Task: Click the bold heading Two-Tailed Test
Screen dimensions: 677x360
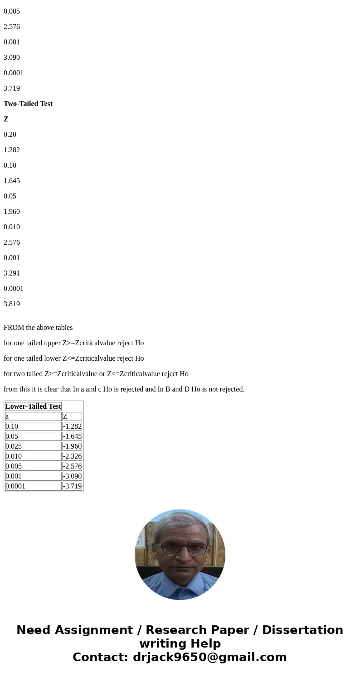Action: (x=28, y=104)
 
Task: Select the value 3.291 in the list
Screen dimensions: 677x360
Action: (x=12, y=273)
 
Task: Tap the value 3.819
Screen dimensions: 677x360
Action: (x=12, y=304)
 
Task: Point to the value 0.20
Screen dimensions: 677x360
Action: (x=10, y=135)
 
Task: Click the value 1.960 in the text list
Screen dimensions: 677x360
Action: (x=12, y=212)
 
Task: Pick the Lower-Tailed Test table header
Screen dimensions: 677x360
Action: (x=33, y=406)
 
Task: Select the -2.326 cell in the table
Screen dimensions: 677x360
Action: (x=72, y=456)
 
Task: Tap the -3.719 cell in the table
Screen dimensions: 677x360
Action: (x=72, y=486)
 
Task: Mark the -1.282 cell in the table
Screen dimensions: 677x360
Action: (x=72, y=426)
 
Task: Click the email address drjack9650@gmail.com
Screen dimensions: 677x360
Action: (x=209, y=657)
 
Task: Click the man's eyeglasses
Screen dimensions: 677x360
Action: (x=180, y=548)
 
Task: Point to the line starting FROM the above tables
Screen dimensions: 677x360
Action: (x=38, y=328)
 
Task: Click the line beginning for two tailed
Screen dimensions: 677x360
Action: (x=96, y=374)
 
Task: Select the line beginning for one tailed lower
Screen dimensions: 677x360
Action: (x=73, y=358)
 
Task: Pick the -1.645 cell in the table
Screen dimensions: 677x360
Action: (x=72, y=436)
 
